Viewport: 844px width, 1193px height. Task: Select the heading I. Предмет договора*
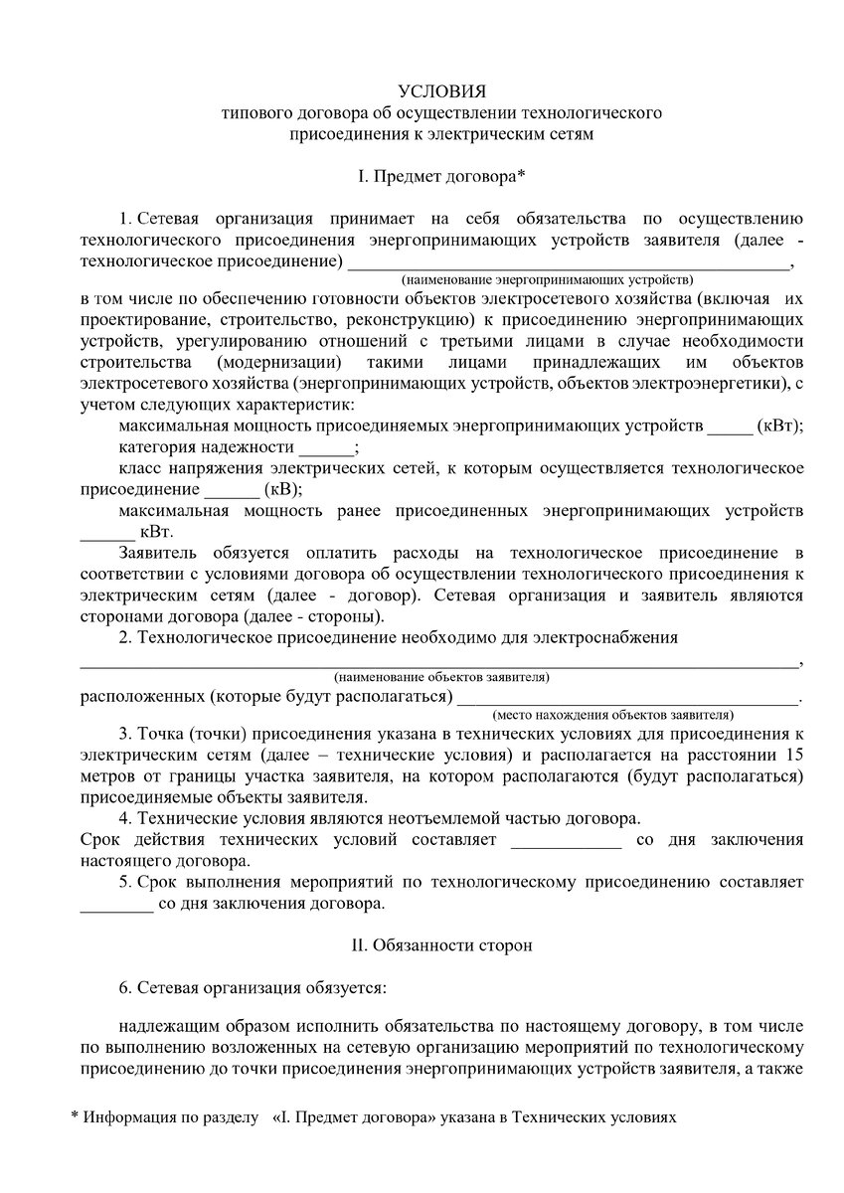pos(441,176)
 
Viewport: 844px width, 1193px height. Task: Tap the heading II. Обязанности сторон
pos(441,945)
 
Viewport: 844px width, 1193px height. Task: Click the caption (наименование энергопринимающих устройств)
pos(548,280)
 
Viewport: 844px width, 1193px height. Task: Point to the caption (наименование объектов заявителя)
pos(442,677)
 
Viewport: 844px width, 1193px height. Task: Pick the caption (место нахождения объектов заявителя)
pos(613,715)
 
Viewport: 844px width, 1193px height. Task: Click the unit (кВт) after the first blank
pos(780,426)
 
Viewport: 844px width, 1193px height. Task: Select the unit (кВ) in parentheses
pos(283,490)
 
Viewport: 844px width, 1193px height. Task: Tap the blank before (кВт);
pos(731,427)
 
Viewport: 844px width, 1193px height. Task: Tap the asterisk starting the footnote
pos(75,1117)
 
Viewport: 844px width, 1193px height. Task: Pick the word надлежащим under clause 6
pos(163,1026)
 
